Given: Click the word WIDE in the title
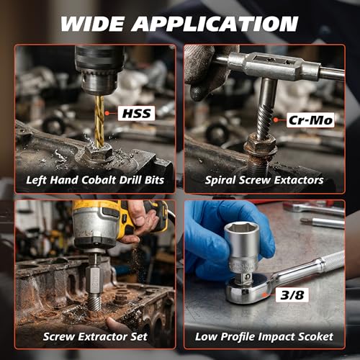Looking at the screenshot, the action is pyautogui.click(x=92, y=24).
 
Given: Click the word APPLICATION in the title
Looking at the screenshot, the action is pyautogui.click(x=215, y=24).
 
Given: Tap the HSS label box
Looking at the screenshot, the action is pyautogui.click(x=137, y=114).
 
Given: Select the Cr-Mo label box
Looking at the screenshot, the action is pyautogui.click(x=310, y=120).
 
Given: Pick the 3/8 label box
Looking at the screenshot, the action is pyautogui.click(x=292, y=294).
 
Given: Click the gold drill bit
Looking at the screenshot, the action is pyautogui.click(x=99, y=120).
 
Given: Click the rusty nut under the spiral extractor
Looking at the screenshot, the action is pyautogui.click(x=261, y=145).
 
